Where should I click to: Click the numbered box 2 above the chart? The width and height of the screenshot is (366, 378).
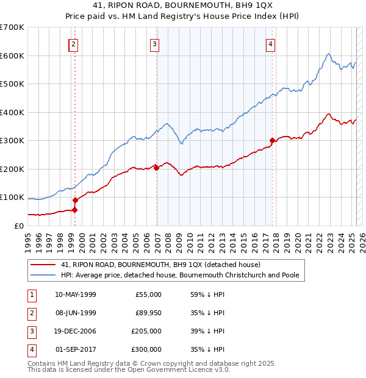74,44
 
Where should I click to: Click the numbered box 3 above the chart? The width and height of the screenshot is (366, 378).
155,44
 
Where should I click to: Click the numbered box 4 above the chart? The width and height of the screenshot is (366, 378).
270,44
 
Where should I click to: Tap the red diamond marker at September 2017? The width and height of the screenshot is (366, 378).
272,141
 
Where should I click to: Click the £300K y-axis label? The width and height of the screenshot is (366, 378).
12,141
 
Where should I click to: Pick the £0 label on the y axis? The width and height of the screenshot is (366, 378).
18,226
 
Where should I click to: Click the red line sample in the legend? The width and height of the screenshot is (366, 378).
43,265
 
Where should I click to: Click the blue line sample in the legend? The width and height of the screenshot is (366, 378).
43,276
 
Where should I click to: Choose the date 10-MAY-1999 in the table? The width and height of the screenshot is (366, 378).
76,294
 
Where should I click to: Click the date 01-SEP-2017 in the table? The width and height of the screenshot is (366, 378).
76,349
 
